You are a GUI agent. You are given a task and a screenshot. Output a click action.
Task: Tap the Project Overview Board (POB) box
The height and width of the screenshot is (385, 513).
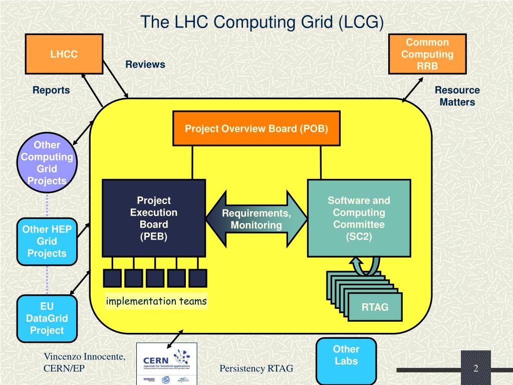coord(256,129)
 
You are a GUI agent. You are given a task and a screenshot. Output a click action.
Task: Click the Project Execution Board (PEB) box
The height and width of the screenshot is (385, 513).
coord(154,218)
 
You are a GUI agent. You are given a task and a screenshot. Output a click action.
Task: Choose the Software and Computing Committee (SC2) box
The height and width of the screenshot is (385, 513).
coord(359,218)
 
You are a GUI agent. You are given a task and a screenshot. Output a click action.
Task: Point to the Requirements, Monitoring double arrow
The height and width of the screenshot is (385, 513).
coord(256,219)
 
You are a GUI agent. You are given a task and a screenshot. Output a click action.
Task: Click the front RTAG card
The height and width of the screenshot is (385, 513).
coord(375,307)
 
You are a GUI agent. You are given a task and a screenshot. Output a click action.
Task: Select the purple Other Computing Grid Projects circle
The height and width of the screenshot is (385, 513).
coord(47,163)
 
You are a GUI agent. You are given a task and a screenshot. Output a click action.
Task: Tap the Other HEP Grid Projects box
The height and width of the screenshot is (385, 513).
coord(47,241)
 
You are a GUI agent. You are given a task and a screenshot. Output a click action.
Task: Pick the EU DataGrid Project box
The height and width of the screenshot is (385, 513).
coord(47,318)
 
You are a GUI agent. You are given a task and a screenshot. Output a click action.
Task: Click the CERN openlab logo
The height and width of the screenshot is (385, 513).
coord(167,363)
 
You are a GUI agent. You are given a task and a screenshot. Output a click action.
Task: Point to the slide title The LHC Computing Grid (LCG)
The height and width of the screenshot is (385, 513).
coord(262,22)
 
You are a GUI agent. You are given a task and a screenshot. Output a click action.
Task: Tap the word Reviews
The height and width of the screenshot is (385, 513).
coord(145,65)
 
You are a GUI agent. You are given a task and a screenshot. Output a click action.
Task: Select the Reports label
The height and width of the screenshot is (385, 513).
coord(51,90)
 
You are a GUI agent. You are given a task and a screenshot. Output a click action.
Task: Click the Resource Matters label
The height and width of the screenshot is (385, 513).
coord(457,96)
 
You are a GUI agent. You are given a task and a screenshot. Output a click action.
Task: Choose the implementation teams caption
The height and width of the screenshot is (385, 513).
coord(156,301)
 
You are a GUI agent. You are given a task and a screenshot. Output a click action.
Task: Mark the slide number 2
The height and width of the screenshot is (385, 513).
coord(476,369)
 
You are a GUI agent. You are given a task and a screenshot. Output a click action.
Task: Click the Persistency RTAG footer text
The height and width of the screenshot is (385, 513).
coord(256,369)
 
